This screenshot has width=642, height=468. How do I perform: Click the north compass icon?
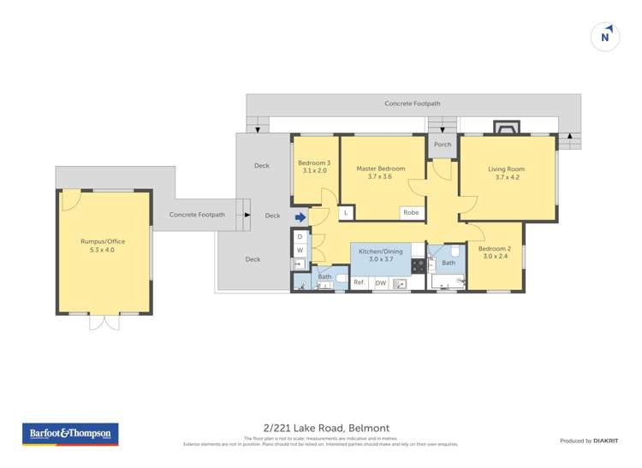pos(605,37)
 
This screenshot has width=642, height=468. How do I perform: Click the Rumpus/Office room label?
pos(103,246)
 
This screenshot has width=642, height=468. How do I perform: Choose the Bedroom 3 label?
pos(314,166)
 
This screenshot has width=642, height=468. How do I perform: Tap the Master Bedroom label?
pos(380,173)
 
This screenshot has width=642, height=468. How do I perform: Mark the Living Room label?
pos(506,173)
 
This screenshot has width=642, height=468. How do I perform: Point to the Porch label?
pos(443,145)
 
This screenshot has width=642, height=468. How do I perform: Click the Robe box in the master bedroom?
pos(411,212)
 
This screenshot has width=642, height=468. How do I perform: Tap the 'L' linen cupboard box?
pos(345,212)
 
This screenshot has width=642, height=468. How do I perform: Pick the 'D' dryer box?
pos(300,237)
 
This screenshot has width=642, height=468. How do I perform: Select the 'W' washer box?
pos(300,251)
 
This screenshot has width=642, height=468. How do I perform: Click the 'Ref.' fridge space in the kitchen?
pos(360,283)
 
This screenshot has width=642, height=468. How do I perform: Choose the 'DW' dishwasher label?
pos(380,283)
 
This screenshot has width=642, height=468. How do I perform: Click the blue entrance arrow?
pos(300,217)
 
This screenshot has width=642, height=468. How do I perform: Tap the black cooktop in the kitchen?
pos(419,266)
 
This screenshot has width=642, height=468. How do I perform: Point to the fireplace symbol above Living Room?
pos(505,128)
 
